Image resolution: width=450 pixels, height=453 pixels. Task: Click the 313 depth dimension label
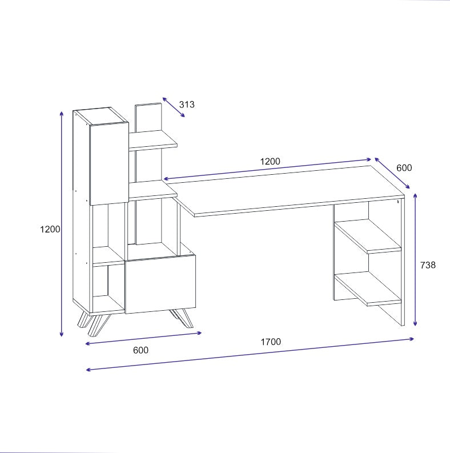pos(187,105)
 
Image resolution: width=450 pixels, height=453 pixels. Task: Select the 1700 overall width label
pos(271,342)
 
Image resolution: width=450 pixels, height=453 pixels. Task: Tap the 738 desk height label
pos(428,265)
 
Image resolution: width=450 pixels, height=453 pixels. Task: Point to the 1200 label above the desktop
pos(270,161)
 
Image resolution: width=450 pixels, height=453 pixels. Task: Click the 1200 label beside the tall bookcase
pos(50,229)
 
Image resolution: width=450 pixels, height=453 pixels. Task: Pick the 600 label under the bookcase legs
pos(140,350)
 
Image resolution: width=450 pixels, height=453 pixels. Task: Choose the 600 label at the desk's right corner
pos(404,168)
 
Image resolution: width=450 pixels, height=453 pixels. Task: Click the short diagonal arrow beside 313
pos(174,107)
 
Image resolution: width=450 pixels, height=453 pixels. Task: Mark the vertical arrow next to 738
pos(415,260)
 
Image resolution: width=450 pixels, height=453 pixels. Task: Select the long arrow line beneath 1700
pos(250,354)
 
